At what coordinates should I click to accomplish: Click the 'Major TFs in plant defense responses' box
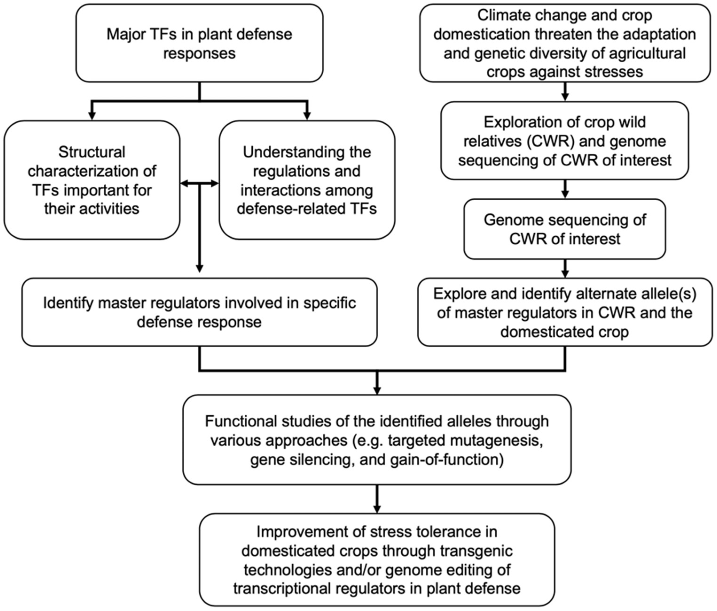point(199,43)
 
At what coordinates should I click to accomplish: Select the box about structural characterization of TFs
point(92,180)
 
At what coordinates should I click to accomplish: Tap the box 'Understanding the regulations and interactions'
point(307,180)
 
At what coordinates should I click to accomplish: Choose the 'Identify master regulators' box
point(199,312)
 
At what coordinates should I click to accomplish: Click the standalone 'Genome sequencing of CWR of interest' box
point(564,229)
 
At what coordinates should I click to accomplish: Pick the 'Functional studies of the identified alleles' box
point(377,440)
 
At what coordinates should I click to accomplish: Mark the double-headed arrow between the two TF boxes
point(199,184)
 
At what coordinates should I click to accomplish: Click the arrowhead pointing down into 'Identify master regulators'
point(199,269)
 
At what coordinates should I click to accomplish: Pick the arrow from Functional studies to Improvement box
point(377,499)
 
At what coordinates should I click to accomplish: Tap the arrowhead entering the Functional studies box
point(377,391)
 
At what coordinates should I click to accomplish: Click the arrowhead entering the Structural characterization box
point(92,115)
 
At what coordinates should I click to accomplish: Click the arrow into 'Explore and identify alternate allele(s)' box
point(565,269)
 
